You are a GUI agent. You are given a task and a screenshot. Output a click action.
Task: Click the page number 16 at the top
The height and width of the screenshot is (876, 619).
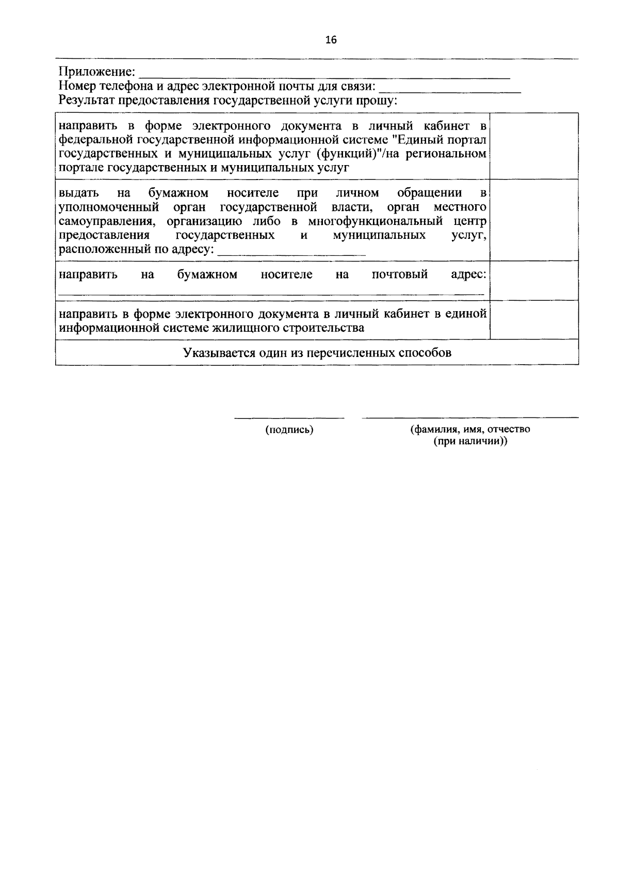[x=331, y=40]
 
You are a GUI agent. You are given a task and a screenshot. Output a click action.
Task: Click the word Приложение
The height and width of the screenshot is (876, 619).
[x=96, y=71]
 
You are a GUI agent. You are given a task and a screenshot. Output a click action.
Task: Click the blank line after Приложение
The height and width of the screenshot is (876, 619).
[x=325, y=75]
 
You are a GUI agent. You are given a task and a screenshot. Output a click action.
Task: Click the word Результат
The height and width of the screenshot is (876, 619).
[x=86, y=100]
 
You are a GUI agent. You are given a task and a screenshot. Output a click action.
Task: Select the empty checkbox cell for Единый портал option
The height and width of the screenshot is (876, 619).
[x=533, y=146]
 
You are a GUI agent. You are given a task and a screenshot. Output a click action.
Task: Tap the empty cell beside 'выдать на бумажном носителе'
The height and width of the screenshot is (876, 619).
[x=533, y=220]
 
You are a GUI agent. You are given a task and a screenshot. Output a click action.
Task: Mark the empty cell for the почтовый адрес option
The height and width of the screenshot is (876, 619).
[x=533, y=280]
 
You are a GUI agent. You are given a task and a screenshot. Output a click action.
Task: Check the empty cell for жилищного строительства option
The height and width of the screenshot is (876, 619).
[x=533, y=320]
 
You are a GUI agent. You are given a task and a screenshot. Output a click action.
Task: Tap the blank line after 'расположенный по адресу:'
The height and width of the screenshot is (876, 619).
[x=292, y=253]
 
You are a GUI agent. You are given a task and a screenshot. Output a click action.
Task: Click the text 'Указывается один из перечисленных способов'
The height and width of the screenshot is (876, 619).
[x=317, y=353]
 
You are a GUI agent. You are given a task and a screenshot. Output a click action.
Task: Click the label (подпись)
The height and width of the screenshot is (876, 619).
[x=289, y=430]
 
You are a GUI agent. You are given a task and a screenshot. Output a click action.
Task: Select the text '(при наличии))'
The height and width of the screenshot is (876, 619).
[x=470, y=442]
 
